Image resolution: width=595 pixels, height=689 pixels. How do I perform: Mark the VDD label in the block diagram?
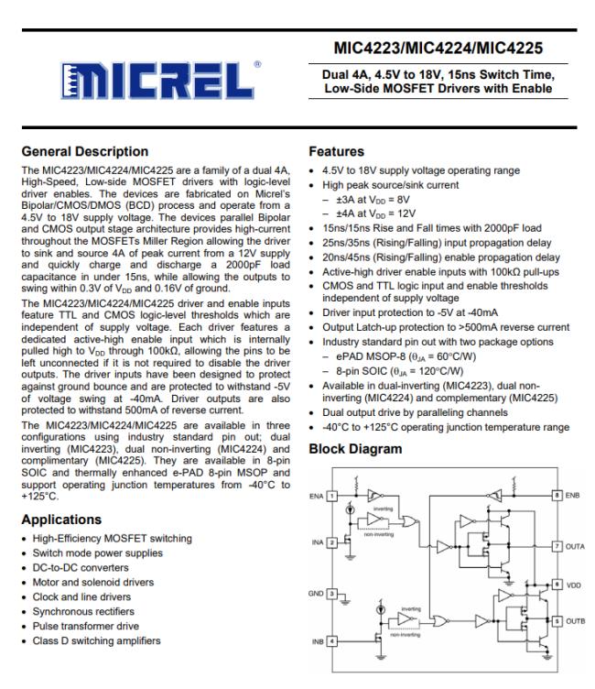(x=574, y=584)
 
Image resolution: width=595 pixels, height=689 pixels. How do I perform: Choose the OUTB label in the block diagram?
(x=576, y=621)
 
